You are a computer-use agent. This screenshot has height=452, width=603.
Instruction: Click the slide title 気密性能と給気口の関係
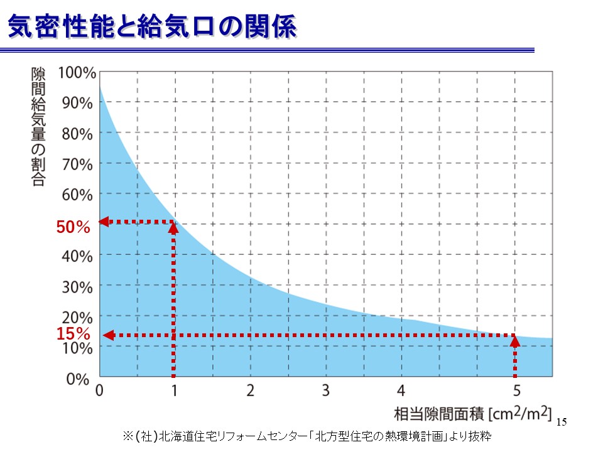151,28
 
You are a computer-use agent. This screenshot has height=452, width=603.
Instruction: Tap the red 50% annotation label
73,228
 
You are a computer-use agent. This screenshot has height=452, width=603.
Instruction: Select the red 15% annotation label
73,335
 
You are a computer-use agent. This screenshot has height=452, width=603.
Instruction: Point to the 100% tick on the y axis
77,72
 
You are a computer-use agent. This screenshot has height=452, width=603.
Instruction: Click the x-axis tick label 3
325,390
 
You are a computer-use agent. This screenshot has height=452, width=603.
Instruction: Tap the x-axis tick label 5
516,390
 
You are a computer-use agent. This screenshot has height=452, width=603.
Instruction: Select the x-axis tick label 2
250,390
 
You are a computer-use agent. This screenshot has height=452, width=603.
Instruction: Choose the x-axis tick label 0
99,390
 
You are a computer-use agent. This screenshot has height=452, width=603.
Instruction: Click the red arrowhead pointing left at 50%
105,221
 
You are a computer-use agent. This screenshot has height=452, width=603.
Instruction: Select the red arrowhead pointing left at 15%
108,335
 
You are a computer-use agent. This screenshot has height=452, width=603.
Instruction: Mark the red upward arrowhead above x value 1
174,227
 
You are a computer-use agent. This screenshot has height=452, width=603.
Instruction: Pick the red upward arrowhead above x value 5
515,341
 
